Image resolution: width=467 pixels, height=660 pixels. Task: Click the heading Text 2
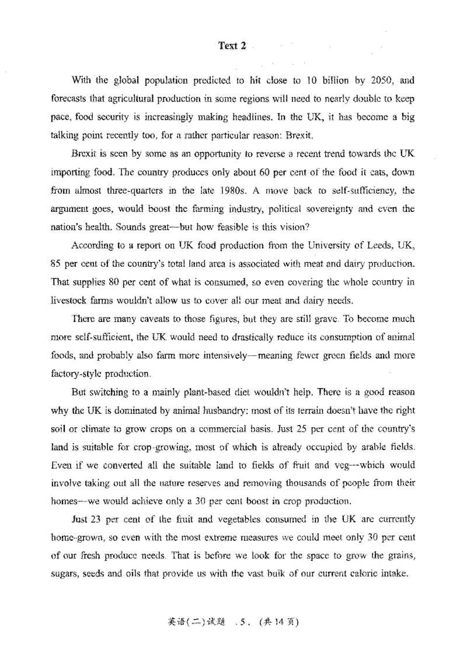pyautogui.click(x=232, y=46)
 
